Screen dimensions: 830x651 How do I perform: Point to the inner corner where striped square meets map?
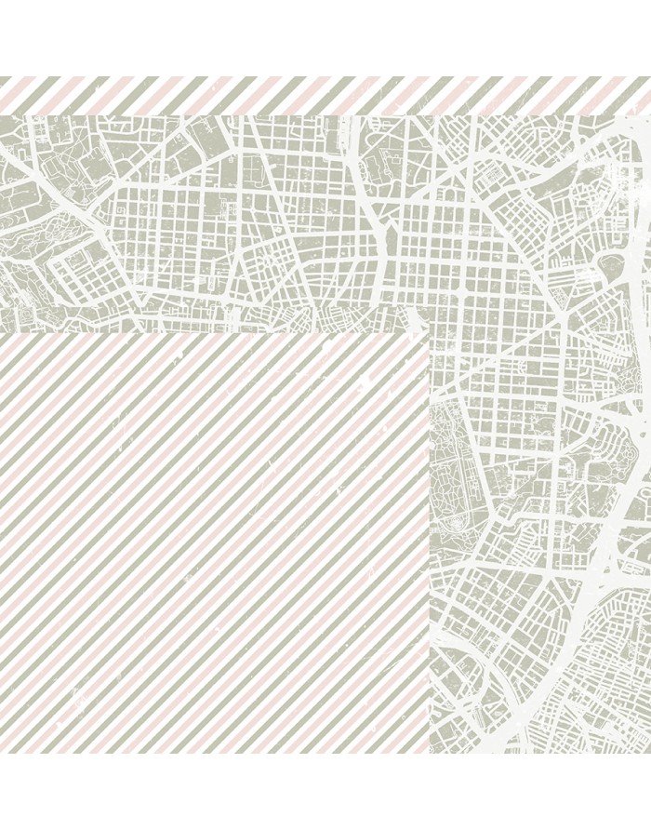click(429, 332)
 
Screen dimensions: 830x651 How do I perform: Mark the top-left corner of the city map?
click(1, 115)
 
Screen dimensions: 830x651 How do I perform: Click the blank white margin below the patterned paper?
click(325, 791)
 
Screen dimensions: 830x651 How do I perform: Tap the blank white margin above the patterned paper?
click(325, 37)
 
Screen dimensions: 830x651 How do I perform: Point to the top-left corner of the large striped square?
click(1, 332)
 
